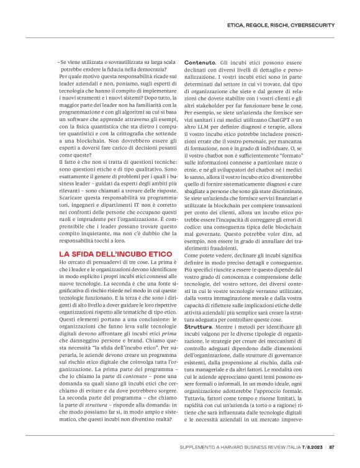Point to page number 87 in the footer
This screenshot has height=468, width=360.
(332, 446)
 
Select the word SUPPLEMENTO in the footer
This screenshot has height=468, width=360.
(198, 446)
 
